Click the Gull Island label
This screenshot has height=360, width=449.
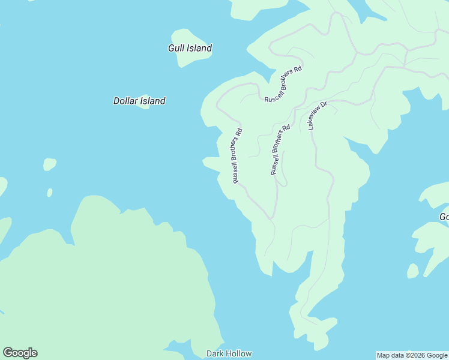[x=190, y=48]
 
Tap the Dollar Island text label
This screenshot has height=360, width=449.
[x=139, y=101]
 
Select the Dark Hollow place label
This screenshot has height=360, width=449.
[x=229, y=353]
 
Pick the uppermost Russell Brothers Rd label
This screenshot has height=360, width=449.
[x=283, y=85]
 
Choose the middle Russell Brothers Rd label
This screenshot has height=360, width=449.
[x=280, y=149]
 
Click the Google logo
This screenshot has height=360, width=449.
[x=20, y=353]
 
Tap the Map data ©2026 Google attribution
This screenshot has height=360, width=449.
[x=412, y=355]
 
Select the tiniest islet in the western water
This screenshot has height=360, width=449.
[x=49, y=193]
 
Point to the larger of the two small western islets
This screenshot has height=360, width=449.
[x=49, y=164]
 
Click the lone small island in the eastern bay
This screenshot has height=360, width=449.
[x=412, y=271]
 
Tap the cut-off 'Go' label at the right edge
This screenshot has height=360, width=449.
[x=444, y=217]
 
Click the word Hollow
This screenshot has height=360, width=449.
[x=240, y=353]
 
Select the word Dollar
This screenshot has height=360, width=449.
[x=125, y=101]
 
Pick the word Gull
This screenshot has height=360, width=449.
[x=175, y=48]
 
